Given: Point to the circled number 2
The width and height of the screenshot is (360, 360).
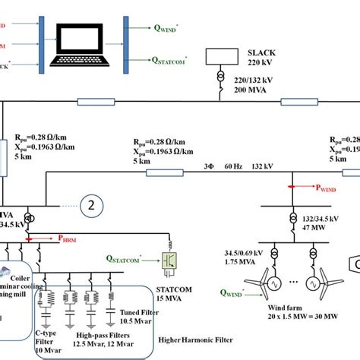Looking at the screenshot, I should (x=92, y=204).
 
